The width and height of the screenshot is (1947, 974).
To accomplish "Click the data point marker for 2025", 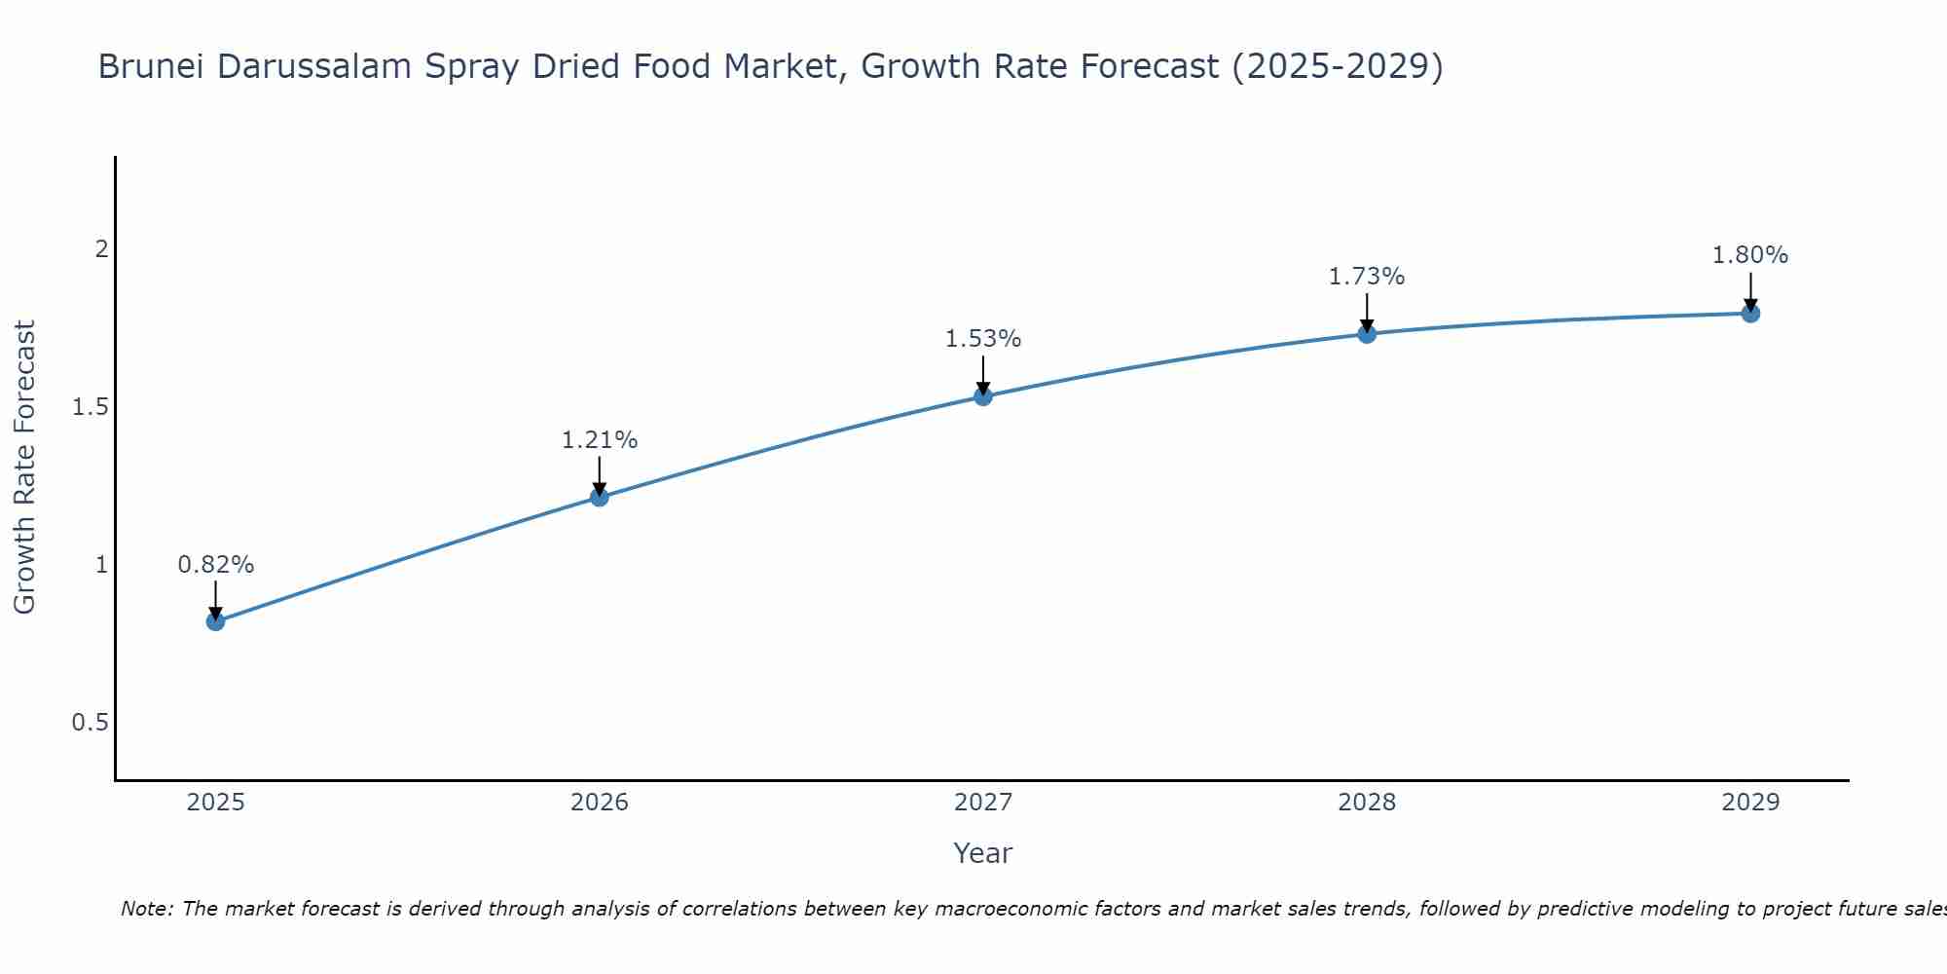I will click(x=216, y=621).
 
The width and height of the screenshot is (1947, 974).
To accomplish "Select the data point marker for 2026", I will click(x=600, y=498).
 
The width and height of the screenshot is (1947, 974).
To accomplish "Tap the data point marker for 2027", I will click(x=983, y=396).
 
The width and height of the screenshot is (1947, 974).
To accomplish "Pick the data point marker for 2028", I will click(x=1367, y=334).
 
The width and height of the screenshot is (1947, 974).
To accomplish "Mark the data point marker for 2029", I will click(x=1750, y=314).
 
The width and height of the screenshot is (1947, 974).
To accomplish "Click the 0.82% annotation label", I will click(x=216, y=565).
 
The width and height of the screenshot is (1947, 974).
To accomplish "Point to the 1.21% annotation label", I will click(x=600, y=440).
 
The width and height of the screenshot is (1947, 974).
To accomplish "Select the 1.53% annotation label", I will click(x=983, y=339).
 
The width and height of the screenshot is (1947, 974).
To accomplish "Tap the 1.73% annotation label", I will click(x=1367, y=277).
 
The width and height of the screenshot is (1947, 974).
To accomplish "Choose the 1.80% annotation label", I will click(x=1750, y=255).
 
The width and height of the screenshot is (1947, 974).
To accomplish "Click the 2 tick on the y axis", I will click(x=100, y=249).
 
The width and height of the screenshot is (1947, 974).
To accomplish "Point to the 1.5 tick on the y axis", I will click(x=91, y=407).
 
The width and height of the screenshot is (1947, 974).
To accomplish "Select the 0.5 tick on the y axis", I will click(x=91, y=723).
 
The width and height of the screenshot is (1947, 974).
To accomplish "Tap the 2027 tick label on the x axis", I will click(x=983, y=803).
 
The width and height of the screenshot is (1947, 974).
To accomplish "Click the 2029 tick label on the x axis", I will click(x=1750, y=803).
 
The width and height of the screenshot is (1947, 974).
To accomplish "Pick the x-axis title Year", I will click(x=983, y=853).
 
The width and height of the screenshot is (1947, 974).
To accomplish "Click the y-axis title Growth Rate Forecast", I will click(x=24, y=468).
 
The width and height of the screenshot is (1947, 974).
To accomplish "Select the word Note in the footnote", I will click(x=146, y=909).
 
